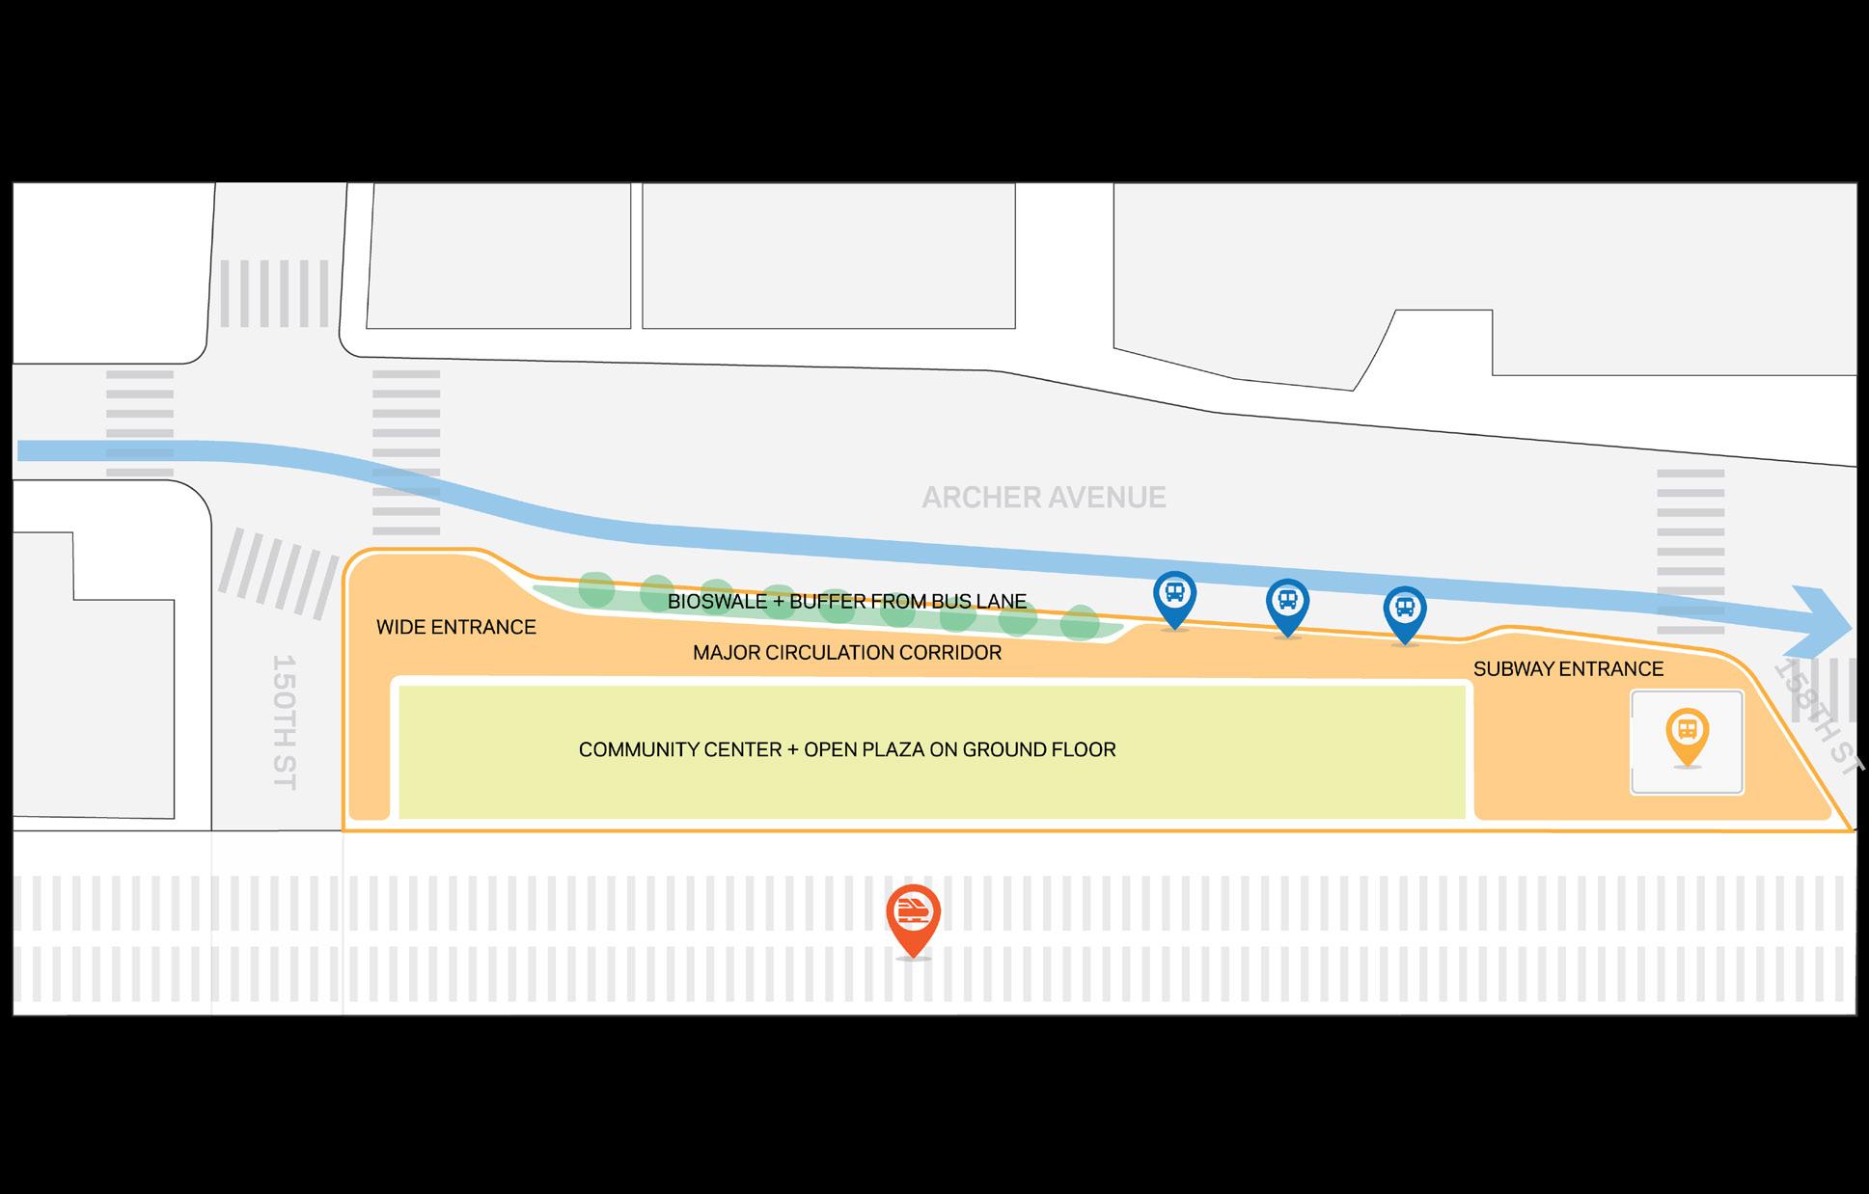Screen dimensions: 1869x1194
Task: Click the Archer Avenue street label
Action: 1043,498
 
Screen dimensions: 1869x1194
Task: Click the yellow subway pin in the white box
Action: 1687,732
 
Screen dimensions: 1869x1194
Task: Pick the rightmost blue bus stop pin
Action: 1405,611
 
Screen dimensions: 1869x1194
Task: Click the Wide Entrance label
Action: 455,628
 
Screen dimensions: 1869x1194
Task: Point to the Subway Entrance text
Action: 1568,669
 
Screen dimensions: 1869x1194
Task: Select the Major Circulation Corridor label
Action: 846,653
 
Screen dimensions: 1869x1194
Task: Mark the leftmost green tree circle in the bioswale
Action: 596,588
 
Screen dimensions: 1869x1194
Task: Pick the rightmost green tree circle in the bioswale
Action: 1080,623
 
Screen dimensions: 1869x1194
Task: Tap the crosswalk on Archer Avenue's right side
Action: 1690,551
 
